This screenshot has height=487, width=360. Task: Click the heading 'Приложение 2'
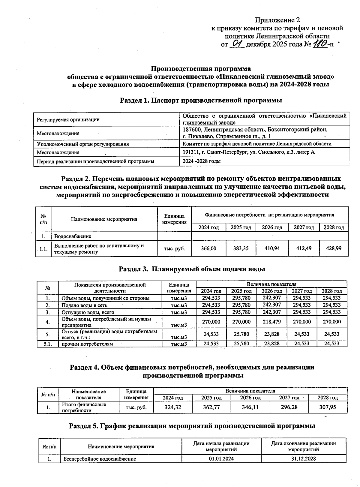(x=277, y=20)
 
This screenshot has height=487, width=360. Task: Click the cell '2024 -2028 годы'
(x=202, y=161)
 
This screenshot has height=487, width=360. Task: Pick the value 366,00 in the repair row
(x=208, y=248)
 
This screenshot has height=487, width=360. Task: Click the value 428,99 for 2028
(x=334, y=248)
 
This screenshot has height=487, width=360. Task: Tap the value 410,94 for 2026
(x=272, y=248)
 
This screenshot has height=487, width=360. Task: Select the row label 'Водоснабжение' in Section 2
(x=73, y=236)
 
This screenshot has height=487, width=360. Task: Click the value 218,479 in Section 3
(x=272, y=322)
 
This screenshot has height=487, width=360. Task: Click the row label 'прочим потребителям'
(x=87, y=344)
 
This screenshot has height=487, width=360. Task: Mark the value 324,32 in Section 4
(x=173, y=407)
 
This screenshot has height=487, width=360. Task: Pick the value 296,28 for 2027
(x=289, y=407)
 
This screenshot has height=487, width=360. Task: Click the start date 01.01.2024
(x=221, y=459)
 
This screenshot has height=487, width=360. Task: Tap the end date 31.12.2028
(x=303, y=459)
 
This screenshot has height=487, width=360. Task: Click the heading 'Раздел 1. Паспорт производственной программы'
(x=201, y=101)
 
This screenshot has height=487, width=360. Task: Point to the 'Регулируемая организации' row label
(x=68, y=119)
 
